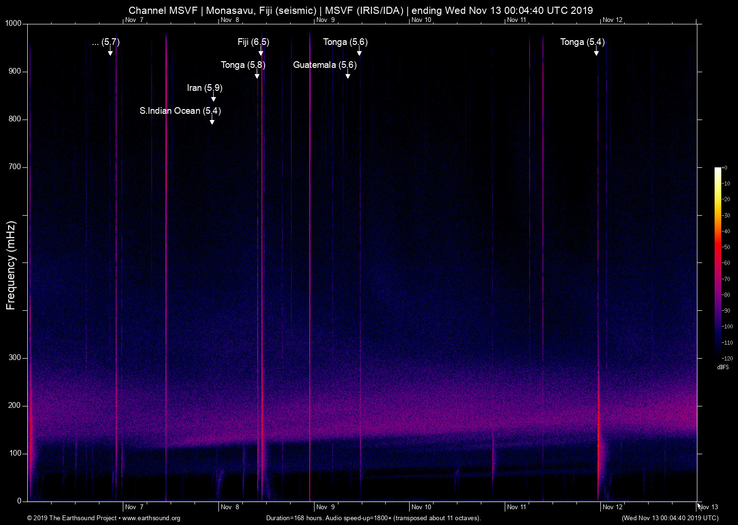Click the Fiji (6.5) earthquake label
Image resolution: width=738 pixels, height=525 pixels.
[253, 42]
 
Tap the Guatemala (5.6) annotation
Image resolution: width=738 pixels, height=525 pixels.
[325, 65]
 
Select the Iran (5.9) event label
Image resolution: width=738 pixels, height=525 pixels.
[205, 88]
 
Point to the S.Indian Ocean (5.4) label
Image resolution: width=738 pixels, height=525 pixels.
[180, 111]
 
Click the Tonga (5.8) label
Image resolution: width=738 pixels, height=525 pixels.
[243, 65]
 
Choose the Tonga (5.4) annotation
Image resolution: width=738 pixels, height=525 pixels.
[582, 42]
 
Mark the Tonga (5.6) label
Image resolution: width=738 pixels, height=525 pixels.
[345, 42]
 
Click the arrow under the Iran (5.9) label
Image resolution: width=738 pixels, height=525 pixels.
[214, 98]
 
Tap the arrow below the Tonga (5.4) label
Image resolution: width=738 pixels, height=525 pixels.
[596, 52]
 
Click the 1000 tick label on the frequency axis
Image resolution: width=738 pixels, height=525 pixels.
[13, 23]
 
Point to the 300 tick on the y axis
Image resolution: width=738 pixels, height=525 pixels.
[15, 358]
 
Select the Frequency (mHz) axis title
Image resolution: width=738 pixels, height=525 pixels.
[11, 265]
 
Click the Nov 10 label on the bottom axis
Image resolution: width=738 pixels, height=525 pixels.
[421, 507]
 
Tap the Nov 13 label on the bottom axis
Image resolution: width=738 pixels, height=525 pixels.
[708, 507]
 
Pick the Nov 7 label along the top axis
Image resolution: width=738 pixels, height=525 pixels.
[134, 20]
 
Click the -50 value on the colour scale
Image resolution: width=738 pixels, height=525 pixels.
[726, 247]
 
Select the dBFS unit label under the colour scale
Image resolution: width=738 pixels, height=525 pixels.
[723, 367]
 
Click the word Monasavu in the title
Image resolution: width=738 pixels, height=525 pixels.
[228, 11]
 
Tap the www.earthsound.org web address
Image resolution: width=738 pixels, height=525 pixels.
[151, 518]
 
